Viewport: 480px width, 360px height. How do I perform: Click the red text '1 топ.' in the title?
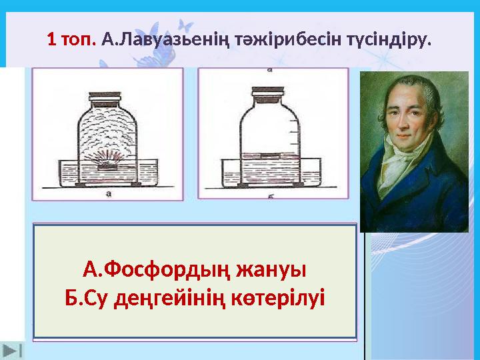tap(72, 39)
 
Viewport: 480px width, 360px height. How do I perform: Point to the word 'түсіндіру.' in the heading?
tap(386, 39)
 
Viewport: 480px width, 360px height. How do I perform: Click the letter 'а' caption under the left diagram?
tap(108, 194)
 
